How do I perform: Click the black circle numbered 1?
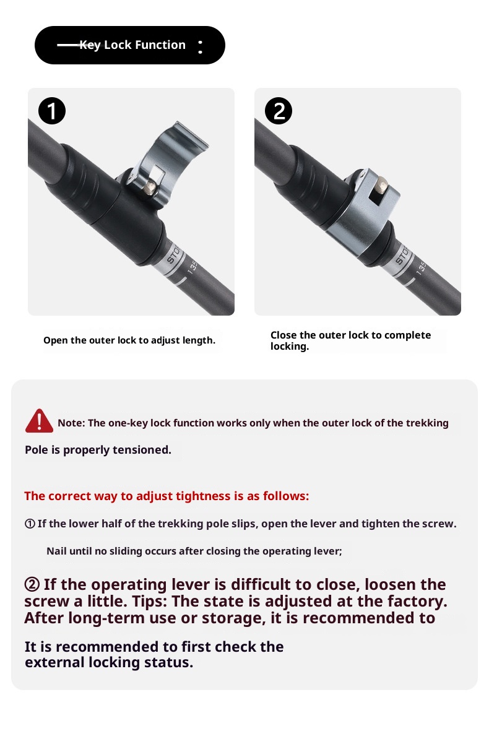pos(52,111)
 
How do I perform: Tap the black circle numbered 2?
pos(278,111)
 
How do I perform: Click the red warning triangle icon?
pos(39,421)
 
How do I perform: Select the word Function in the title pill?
pos(160,45)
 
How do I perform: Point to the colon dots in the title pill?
pos(201,46)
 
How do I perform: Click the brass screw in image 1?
pos(151,188)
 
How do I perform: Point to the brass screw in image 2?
pos(382,185)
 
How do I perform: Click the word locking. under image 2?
pos(290,347)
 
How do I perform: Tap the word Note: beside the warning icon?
pos(72,423)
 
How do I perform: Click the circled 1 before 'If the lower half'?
pos(30,524)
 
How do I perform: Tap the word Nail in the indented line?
pos(56,551)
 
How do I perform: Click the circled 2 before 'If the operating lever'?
pos(32,585)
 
